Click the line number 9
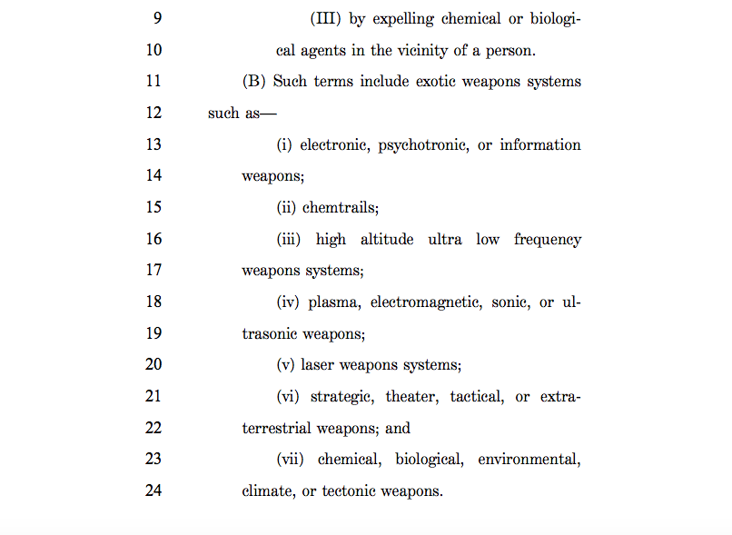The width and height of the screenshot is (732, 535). pos(156,18)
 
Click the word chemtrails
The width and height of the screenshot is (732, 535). pos(340,207)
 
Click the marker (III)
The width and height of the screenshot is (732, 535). pos(326,19)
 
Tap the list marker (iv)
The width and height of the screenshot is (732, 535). pos(288,302)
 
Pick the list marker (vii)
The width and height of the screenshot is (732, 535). pos(292,460)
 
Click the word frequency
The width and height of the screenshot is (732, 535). pos(547,240)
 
